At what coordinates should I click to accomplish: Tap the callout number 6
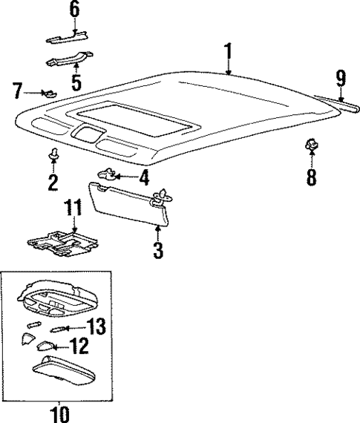coord(73,10)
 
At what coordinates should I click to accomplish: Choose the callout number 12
coord(79,346)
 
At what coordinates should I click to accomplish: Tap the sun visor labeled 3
coord(126,205)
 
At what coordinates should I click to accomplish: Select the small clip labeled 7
coord(50,94)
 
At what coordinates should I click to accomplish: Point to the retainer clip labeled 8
coord(309,147)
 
